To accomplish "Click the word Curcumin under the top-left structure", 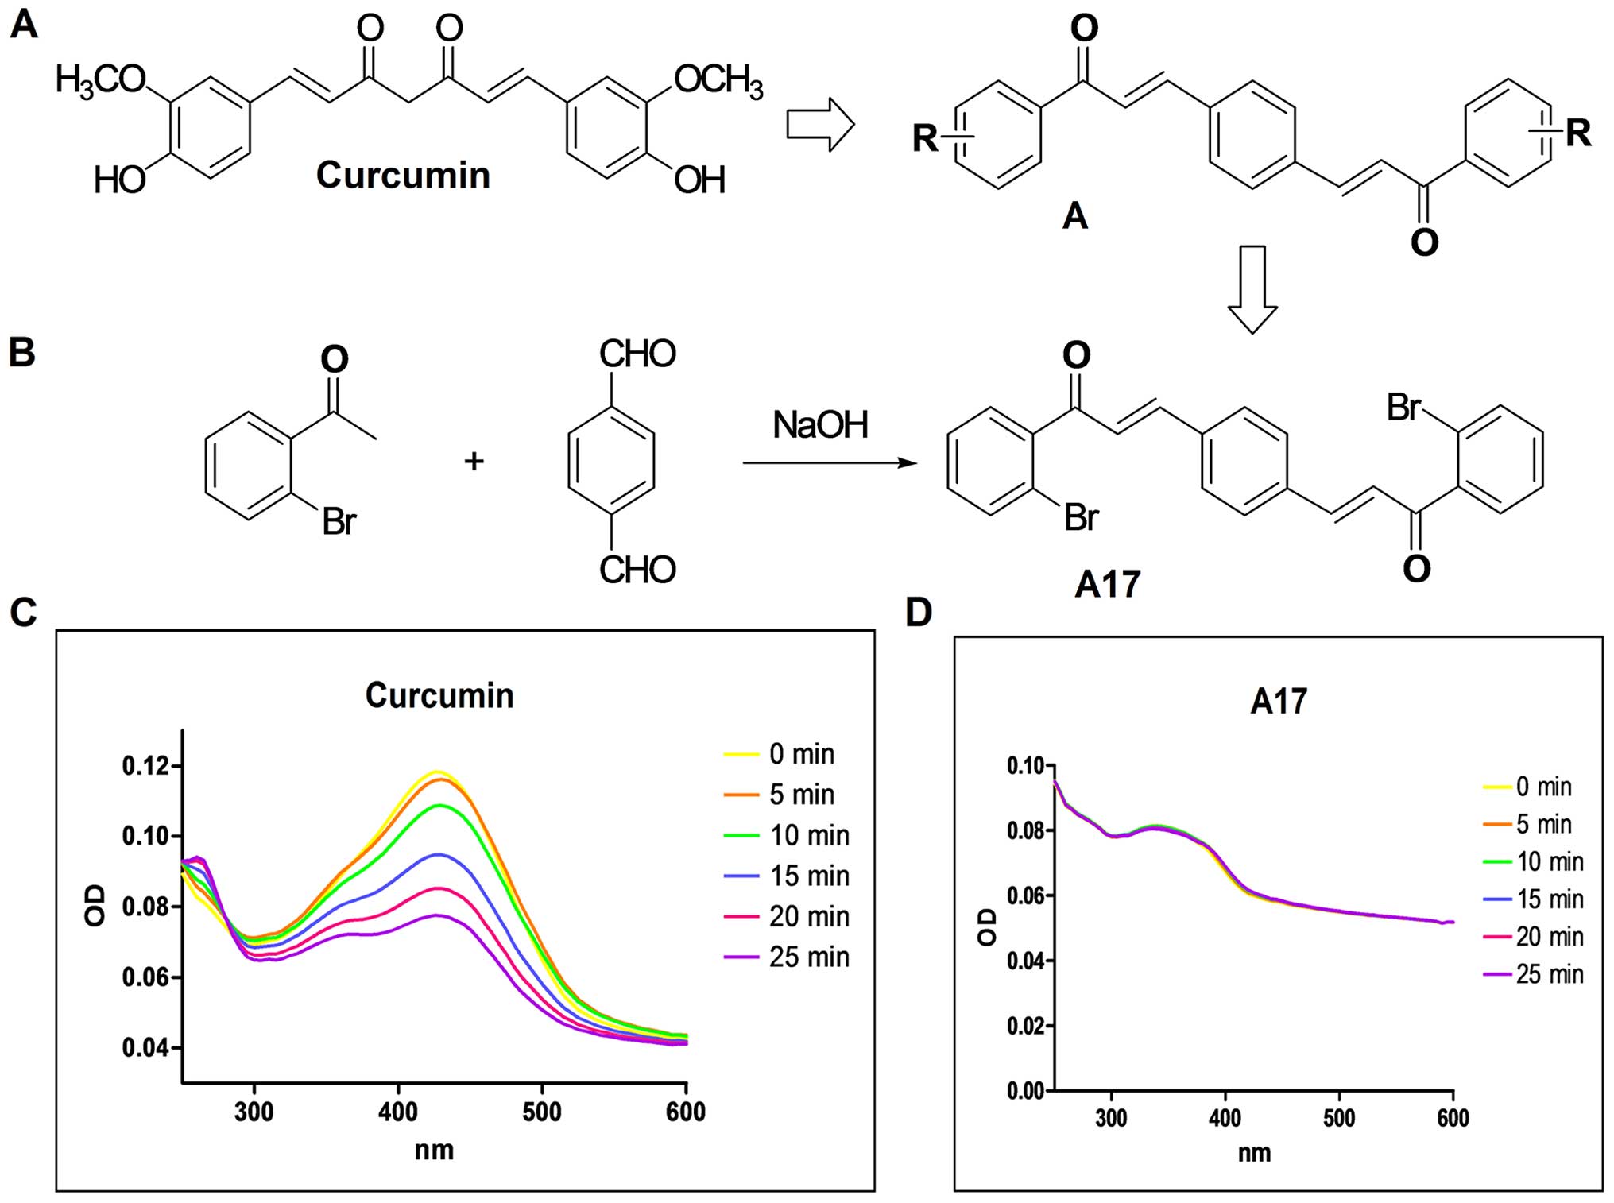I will (x=403, y=175).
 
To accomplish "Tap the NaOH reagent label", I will (x=820, y=425).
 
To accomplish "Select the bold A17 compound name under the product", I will (x=1107, y=585).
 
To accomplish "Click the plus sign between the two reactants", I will (x=474, y=460).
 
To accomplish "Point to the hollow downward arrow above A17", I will (x=1252, y=289).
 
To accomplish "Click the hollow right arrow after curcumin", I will (x=820, y=125).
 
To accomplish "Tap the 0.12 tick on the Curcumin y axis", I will (x=145, y=766).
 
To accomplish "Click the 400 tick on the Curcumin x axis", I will (x=398, y=1112).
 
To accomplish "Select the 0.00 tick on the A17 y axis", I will (x=1026, y=1091).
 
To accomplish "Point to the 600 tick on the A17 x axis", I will (x=1453, y=1118).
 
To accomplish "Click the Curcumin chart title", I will (x=439, y=695).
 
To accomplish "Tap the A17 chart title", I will (x=1278, y=702).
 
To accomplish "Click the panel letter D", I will (x=919, y=612).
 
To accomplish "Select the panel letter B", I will (x=21, y=352).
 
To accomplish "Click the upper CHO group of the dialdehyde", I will (x=637, y=354).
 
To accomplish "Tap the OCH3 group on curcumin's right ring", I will (x=718, y=80).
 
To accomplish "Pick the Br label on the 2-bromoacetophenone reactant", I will (x=339, y=521).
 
